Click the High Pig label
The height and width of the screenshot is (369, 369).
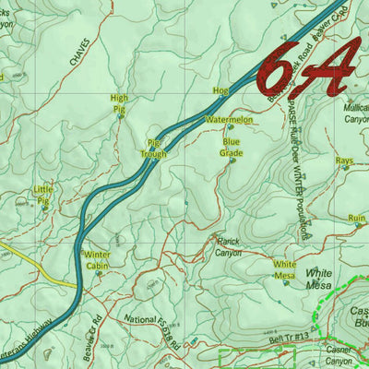coord(119,102)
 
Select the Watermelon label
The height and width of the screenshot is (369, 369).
coord(229,120)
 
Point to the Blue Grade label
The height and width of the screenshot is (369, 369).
coord(231,147)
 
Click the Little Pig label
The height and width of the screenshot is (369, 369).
coord(42,194)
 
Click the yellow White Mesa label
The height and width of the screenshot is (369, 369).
coord(284,269)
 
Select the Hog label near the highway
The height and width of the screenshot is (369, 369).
coord(220,91)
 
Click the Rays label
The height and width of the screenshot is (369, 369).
coord(344,161)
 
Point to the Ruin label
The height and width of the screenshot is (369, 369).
coord(357,218)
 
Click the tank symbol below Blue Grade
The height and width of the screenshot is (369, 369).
coord(232,161)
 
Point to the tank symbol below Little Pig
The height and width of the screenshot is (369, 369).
coord(43,208)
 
